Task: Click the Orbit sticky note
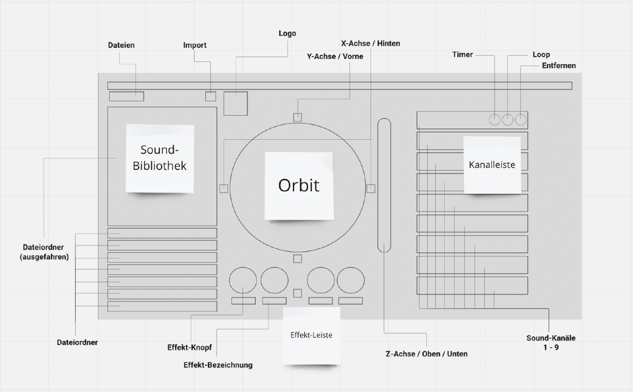pyautogui.click(x=299, y=186)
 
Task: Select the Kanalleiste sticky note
pyautogui.click(x=493, y=165)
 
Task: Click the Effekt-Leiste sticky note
pyautogui.click(x=311, y=335)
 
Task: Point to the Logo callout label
pyautogui.click(x=287, y=33)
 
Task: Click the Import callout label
pyautogui.click(x=195, y=45)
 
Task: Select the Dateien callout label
pyautogui.click(x=122, y=45)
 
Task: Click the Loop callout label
pyautogui.click(x=541, y=55)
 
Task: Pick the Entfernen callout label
pyautogui.click(x=559, y=65)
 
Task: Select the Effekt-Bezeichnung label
pyautogui.click(x=218, y=365)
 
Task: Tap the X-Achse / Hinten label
pyautogui.click(x=370, y=43)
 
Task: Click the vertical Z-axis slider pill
pyautogui.click(x=384, y=186)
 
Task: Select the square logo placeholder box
pyautogui.click(x=236, y=103)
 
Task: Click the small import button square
pyautogui.click(x=210, y=96)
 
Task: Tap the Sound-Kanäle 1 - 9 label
pyautogui.click(x=551, y=342)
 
